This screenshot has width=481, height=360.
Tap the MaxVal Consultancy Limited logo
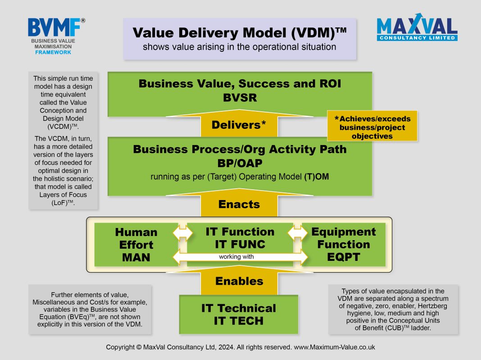[417, 28]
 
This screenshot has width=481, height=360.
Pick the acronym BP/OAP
[240, 163]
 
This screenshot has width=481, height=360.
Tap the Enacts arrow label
[239, 204]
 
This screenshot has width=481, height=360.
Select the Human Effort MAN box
[136, 245]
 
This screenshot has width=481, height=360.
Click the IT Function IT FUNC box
[240, 237]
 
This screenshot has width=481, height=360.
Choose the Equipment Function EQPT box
[344, 245]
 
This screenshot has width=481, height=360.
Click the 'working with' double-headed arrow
[240, 257]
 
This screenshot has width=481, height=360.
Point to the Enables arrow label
[239, 281]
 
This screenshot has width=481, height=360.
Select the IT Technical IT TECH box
[239, 314]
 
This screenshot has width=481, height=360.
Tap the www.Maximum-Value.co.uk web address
[334, 347]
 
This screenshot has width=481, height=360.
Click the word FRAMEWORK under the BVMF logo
[53, 52]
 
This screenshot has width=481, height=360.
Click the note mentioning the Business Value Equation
[90, 310]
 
